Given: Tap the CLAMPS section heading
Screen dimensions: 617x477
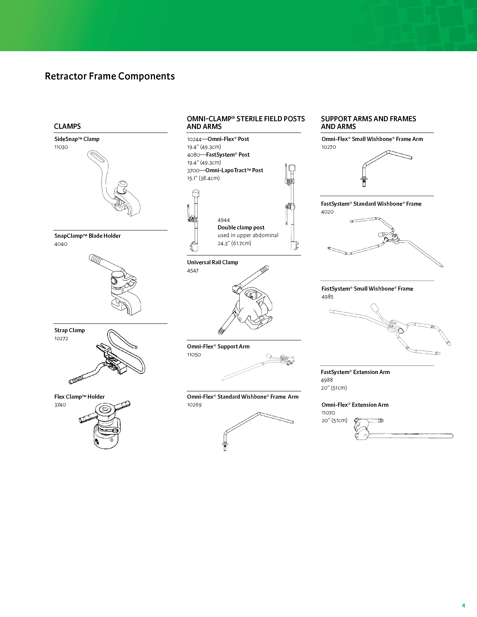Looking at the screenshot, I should [x=67, y=126].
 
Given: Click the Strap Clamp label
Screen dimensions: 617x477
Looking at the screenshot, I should [x=69, y=330].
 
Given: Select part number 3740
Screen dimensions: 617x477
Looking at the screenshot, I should [x=60, y=405].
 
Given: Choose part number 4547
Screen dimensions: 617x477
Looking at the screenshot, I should [x=193, y=271].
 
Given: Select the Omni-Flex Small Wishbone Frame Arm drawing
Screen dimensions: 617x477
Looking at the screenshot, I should [x=384, y=167].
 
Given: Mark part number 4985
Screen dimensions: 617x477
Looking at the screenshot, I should [x=327, y=297].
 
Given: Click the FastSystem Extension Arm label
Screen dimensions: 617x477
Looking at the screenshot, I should [x=355, y=372].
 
